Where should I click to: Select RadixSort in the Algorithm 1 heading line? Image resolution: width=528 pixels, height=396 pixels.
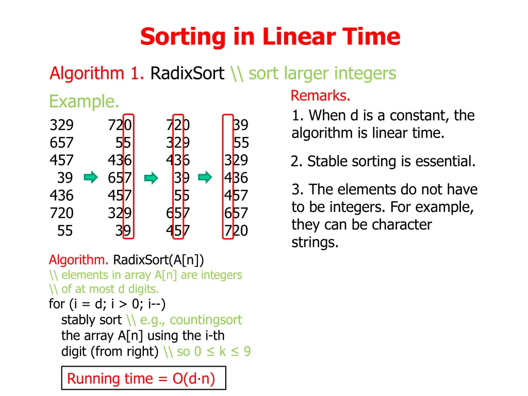pyautogui.click(x=187, y=74)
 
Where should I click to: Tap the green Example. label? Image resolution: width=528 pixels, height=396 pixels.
pyautogui.click(x=84, y=102)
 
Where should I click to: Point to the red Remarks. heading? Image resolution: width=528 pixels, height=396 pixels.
pyautogui.click(x=320, y=96)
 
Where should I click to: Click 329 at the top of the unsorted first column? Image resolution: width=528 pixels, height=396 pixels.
pyautogui.click(x=61, y=125)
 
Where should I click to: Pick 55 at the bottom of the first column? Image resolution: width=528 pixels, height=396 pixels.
pyautogui.click(x=65, y=230)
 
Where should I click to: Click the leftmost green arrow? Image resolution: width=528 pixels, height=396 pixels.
pyautogui.click(x=91, y=178)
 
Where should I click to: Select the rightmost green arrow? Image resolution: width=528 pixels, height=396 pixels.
pyautogui.click(x=205, y=178)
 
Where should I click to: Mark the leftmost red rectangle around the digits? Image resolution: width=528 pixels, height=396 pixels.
pyautogui.click(x=129, y=176)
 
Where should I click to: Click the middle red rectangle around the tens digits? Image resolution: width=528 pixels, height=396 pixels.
pyautogui.click(x=178, y=176)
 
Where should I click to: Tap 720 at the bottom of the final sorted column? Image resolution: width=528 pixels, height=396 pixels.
pyautogui.click(x=236, y=230)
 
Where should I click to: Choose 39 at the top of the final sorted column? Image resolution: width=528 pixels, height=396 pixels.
pyautogui.click(x=240, y=125)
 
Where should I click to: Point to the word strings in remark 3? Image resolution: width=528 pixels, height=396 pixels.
pyautogui.click(x=315, y=242)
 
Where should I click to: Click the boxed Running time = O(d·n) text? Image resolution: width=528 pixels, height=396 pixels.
pyautogui.click(x=141, y=379)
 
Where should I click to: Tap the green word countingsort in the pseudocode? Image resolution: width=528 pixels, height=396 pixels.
pyautogui.click(x=205, y=320)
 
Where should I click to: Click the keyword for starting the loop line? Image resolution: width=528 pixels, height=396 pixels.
pyautogui.click(x=56, y=304)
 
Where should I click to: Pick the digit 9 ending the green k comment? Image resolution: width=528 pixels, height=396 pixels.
pyautogui.click(x=247, y=352)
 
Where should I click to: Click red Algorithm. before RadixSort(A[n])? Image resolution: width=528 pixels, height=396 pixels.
pyautogui.click(x=79, y=259)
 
